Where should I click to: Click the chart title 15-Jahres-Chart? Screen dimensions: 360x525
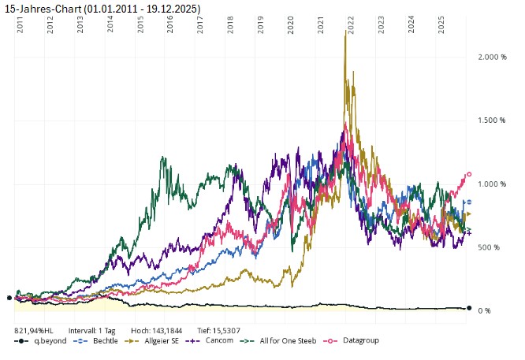pos(102,8)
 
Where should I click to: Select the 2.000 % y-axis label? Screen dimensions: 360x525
pos(493,58)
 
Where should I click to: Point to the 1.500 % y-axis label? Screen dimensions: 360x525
pos(493,121)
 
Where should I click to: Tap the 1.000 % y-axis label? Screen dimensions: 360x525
pos(493,184)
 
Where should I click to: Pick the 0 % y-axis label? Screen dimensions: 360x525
pos(486,310)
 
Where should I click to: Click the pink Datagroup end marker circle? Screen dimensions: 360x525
pos(469,174)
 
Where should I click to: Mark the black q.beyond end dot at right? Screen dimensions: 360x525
pos(469,308)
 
